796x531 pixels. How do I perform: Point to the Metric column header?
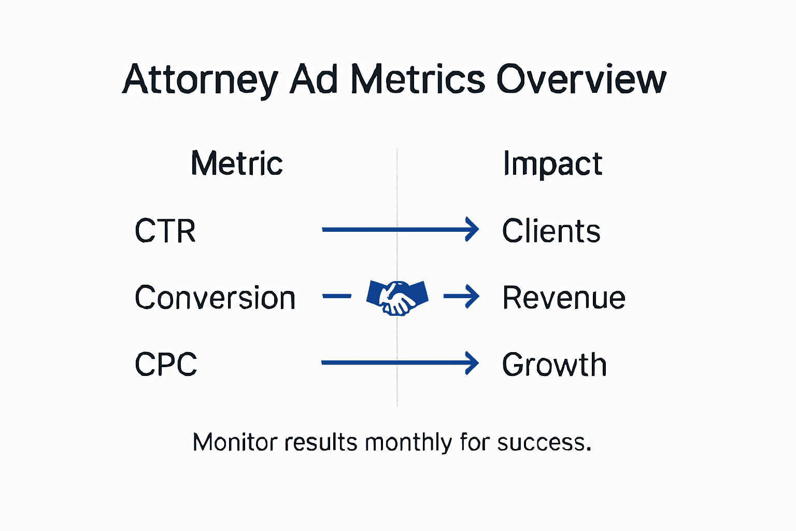click(237, 163)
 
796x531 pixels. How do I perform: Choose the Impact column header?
click(552, 164)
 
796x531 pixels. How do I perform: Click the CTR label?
click(165, 231)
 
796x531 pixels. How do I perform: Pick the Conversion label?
click(215, 298)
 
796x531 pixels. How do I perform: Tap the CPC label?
click(166, 364)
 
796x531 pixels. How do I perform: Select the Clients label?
click(551, 231)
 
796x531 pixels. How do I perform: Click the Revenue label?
click(564, 298)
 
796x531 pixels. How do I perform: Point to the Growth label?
click(555, 365)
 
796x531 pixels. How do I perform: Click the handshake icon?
click(397, 298)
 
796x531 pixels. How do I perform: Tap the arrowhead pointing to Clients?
click(472, 229)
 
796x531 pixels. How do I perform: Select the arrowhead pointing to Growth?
click(472, 363)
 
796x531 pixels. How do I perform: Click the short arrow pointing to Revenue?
click(462, 297)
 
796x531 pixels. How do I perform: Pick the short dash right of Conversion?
click(337, 297)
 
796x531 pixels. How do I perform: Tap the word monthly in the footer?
click(408, 442)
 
